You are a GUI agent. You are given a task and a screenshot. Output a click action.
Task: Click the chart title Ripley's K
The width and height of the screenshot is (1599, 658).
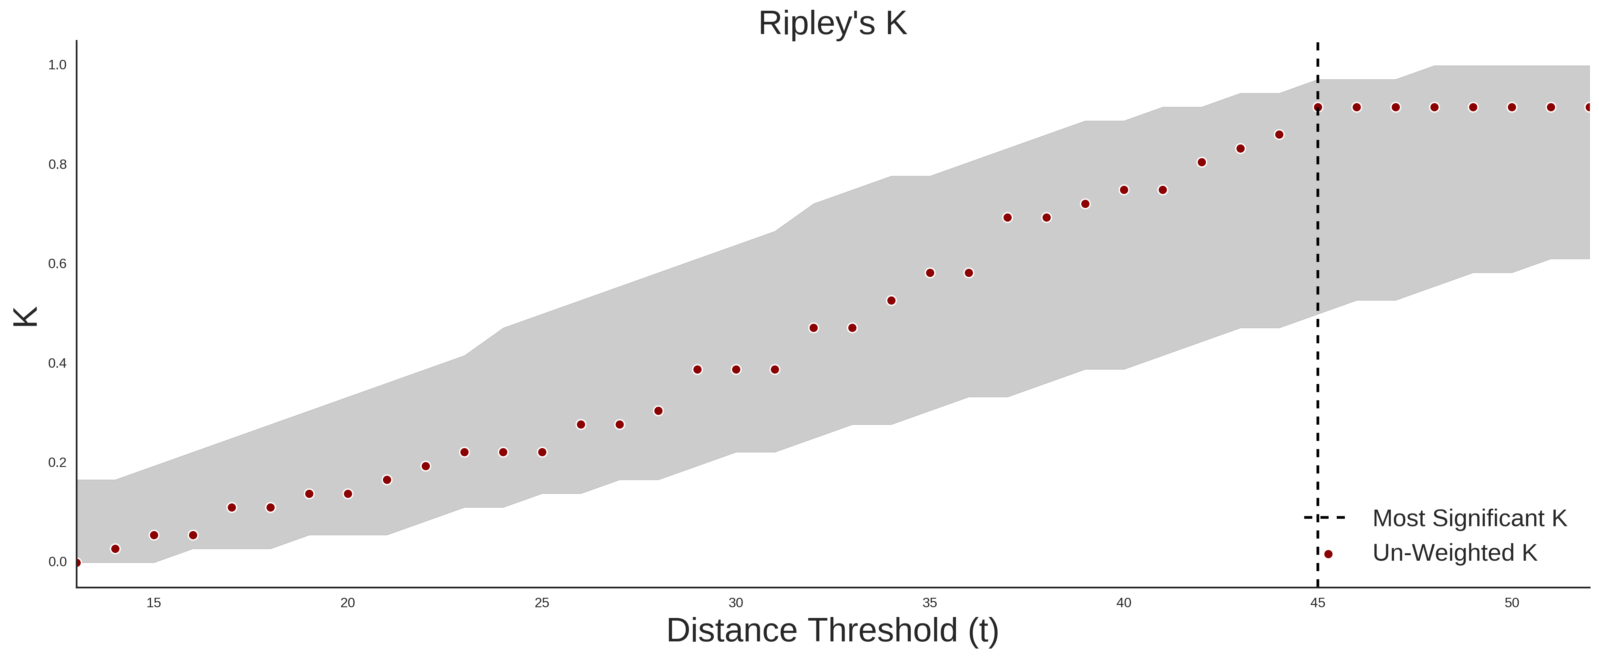(x=832, y=23)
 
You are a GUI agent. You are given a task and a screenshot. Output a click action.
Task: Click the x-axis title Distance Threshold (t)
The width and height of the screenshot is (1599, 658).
(x=832, y=631)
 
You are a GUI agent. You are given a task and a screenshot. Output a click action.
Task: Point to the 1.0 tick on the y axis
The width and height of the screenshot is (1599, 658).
(x=57, y=65)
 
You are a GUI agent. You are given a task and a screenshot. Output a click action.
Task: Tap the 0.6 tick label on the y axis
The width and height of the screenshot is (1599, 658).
(x=57, y=264)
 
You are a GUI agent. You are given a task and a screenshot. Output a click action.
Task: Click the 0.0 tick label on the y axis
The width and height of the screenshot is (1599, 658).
(x=57, y=562)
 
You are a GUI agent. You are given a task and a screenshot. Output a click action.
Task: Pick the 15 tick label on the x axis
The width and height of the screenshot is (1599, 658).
(x=154, y=603)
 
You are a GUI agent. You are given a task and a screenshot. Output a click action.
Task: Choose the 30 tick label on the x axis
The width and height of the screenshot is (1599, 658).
(x=736, y=603)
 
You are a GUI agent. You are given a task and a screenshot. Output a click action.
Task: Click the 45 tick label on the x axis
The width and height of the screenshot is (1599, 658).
(x=1318, y=603)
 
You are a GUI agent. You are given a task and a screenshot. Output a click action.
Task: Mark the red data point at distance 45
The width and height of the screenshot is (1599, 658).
(x=1318, y=107)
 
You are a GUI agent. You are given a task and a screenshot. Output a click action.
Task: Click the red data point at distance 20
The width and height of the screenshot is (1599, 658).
(x=348, y=494)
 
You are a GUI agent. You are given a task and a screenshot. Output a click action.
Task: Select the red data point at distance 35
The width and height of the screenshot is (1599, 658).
(x=930, y=273)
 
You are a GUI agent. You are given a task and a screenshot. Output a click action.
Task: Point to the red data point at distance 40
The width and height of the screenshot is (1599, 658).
(x=1124, y=190)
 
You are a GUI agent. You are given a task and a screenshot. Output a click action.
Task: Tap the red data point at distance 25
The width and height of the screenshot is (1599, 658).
(x=542, y=453)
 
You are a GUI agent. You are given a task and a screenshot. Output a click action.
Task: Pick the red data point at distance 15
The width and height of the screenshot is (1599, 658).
(x=154, y=535)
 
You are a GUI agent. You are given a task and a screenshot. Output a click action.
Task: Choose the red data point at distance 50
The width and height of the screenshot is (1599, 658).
(x=1512, y=107)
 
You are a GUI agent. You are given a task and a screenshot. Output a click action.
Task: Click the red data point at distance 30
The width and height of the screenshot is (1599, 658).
(x=736, y=370)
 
